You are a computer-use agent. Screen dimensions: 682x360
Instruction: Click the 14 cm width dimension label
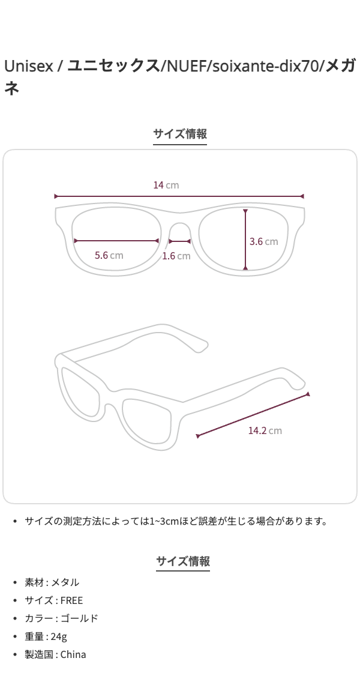coord(166,185)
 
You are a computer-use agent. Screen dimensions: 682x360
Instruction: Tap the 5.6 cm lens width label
coord(109,255)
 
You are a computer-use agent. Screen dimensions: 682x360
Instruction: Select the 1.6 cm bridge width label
coord(176,256)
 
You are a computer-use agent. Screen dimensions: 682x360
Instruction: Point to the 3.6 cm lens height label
coord(263,241)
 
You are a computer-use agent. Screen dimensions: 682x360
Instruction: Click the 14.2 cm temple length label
coord(265,430)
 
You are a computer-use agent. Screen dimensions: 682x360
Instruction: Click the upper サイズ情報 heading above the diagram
coord(180,134)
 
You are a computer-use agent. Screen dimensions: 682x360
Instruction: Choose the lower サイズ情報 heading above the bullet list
coord(182,561)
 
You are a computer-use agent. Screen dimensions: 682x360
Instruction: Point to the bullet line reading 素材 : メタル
coord(52,582)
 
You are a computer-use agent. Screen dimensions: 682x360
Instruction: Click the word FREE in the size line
coord(71,600)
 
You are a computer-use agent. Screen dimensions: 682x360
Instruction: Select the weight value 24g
coord(59,636)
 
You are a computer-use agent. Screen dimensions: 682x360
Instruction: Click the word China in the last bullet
coord(73,654)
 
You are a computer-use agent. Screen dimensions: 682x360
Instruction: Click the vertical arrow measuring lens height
coord(245,240)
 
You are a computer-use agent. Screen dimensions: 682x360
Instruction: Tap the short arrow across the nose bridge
coord(179,241)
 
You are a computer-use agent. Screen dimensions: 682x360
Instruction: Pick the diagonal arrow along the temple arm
coord(253,415)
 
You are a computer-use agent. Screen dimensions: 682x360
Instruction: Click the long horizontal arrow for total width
coord(179,196)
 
